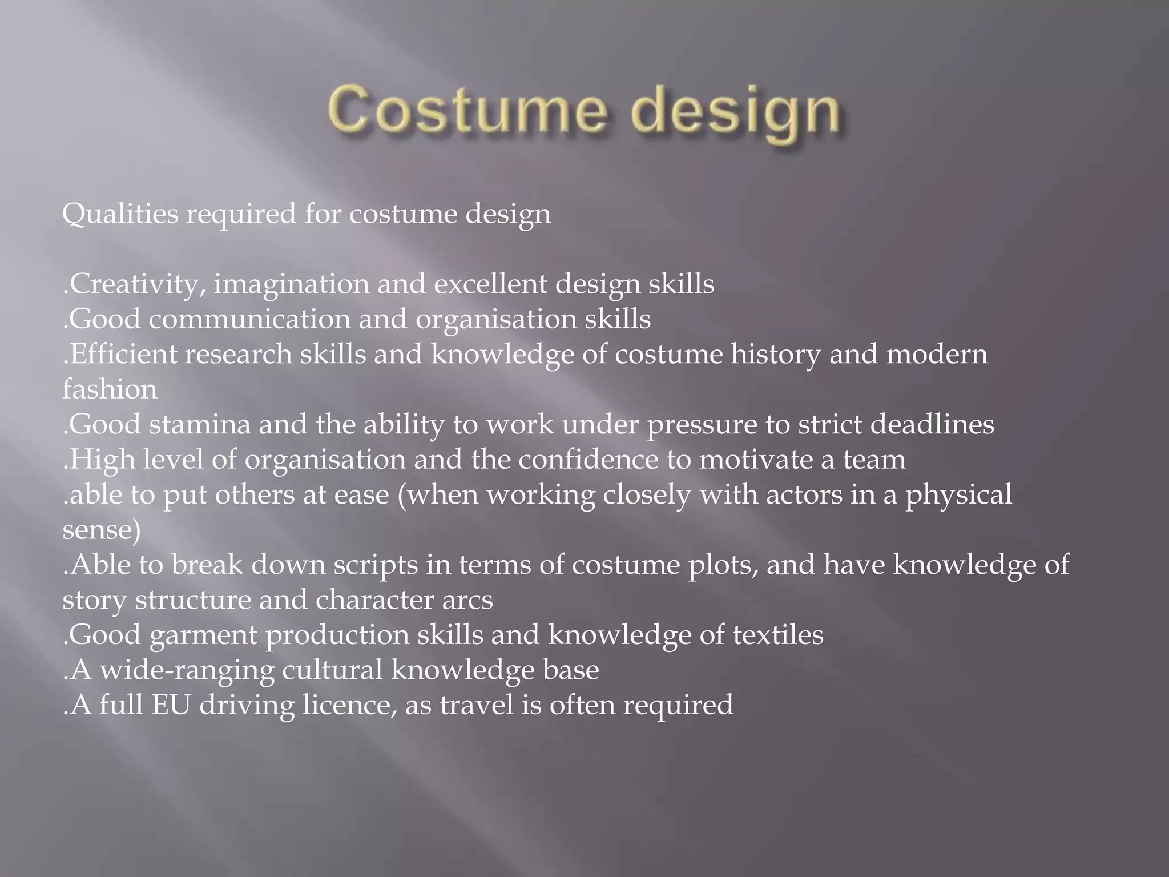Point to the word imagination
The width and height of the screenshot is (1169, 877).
(291, 284)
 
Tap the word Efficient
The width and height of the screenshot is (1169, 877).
(124, 354)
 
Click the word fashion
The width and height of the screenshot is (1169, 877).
(110, 389)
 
